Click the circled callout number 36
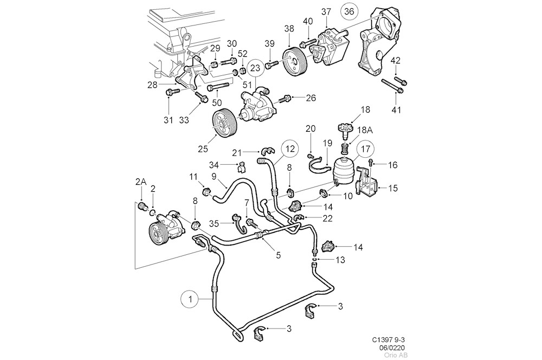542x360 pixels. [349, 11]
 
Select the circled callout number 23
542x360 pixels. [256, 68]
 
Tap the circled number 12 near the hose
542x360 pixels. [289, 147]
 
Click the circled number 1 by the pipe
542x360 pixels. [190, 298]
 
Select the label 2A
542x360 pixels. [140, 183]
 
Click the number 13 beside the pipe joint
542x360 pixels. [339, 260]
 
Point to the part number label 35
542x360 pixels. [215, 222]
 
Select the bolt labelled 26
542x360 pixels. [284, 100]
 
